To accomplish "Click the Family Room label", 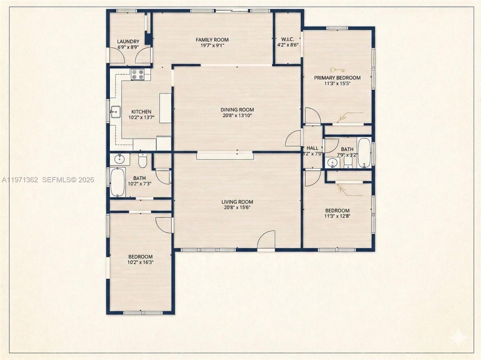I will pos(212,40).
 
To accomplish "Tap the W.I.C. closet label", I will pos(287,39).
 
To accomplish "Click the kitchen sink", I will pos(115,111).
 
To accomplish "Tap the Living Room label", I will pos(237,202).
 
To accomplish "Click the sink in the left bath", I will pos(120,159).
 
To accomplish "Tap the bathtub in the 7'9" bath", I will pos(364,153).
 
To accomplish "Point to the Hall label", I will pos(312,148).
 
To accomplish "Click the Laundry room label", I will pos(128,42).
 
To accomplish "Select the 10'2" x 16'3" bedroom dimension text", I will pos(140,262).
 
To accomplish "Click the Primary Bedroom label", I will pos(337,78).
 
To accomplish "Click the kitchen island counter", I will pos(165,108).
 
